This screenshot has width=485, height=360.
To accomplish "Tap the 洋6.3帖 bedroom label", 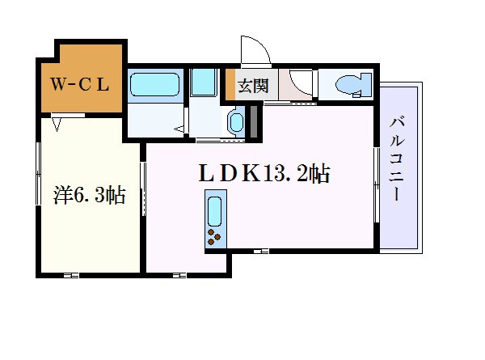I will coord(89,195).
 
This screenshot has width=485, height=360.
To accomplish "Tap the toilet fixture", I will coord(352,83).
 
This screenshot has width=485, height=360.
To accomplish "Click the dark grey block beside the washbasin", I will coord(253,121).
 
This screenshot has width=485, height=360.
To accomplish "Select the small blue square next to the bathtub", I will coord(202,83).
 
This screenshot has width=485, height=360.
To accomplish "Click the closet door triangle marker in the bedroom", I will coord(57,124).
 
